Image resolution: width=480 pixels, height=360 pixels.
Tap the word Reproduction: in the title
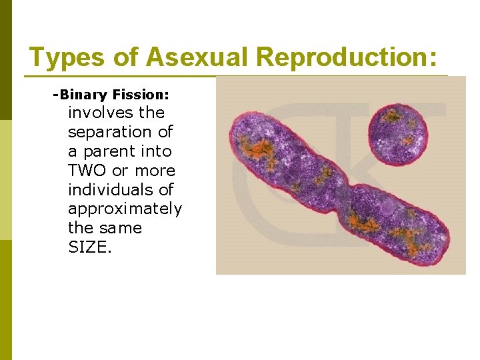tap(347, 57)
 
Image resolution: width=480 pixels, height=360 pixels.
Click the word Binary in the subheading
tap(81, 95)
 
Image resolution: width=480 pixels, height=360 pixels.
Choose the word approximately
tap(125, 209)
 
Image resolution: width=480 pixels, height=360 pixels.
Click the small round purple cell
tap(400, 133)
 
